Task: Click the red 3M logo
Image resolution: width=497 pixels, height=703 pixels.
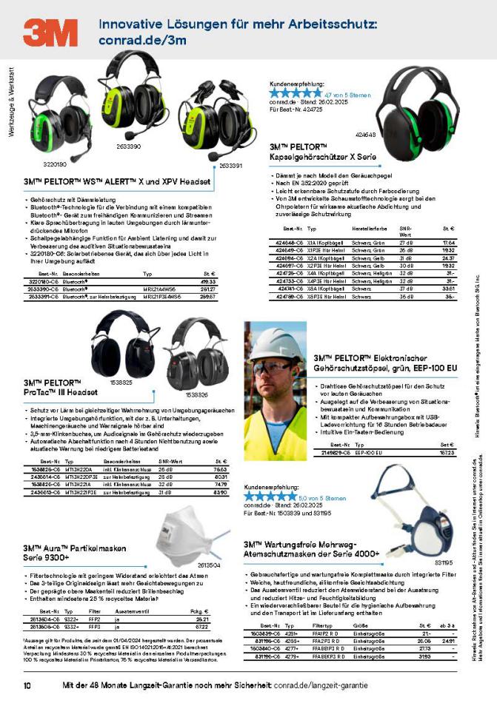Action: (50, 33)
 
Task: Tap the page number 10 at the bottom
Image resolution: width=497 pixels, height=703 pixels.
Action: (27, 686)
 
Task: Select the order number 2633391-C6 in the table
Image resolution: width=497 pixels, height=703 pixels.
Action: (45, 295)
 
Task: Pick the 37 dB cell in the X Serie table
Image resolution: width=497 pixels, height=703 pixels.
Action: (406, 289)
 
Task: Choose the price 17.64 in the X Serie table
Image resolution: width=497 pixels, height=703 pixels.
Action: (448, 243)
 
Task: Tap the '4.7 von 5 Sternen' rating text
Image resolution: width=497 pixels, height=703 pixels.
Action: (347, 95)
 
